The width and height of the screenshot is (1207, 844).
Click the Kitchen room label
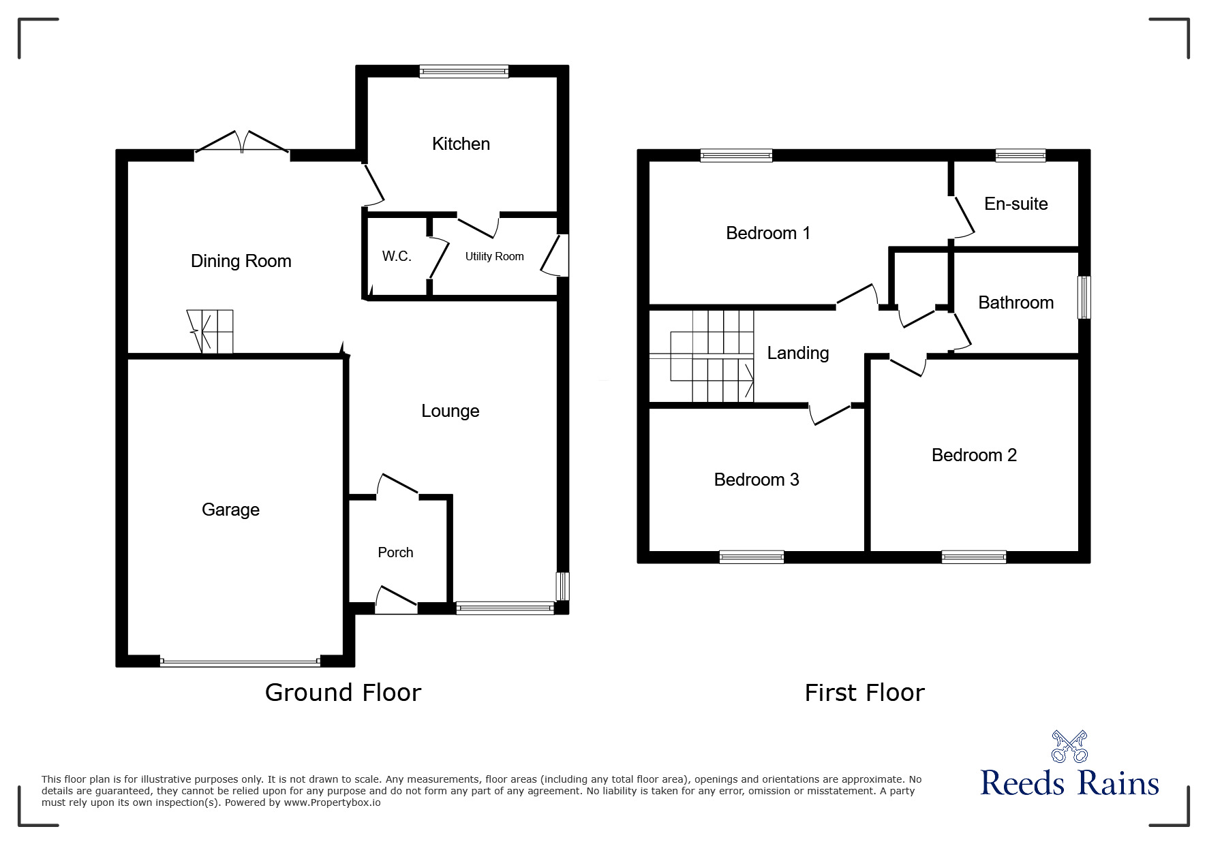(x=461, y=144)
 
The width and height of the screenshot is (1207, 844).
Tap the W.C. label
(x=396, y=256)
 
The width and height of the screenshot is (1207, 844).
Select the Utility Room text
(x=494, y=256)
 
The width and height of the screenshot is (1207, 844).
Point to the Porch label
(x=395, y=552)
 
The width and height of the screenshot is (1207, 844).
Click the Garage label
(x=230, y=510)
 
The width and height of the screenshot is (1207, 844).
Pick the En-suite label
(x=1015, y=204)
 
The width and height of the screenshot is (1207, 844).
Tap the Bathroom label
(x=1015, y=302)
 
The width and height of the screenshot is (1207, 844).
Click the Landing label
(x=797, y=353)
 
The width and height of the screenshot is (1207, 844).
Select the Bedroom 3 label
(x=756, y=480)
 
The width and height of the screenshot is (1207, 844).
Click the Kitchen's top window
(x=463, y=71)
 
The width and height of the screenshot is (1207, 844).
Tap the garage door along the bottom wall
(x=240, y=661)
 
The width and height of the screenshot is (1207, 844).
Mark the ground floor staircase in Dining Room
(x=211, y=332)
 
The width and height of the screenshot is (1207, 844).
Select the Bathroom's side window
(x=1084, y=297)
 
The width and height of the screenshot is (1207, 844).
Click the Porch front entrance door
(x=396, y=601)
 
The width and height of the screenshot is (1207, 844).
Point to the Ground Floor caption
(x=343, y=693)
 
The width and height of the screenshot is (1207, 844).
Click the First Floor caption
(x=864, y=693)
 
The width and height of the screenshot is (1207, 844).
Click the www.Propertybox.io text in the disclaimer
(x=332, y=802)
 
